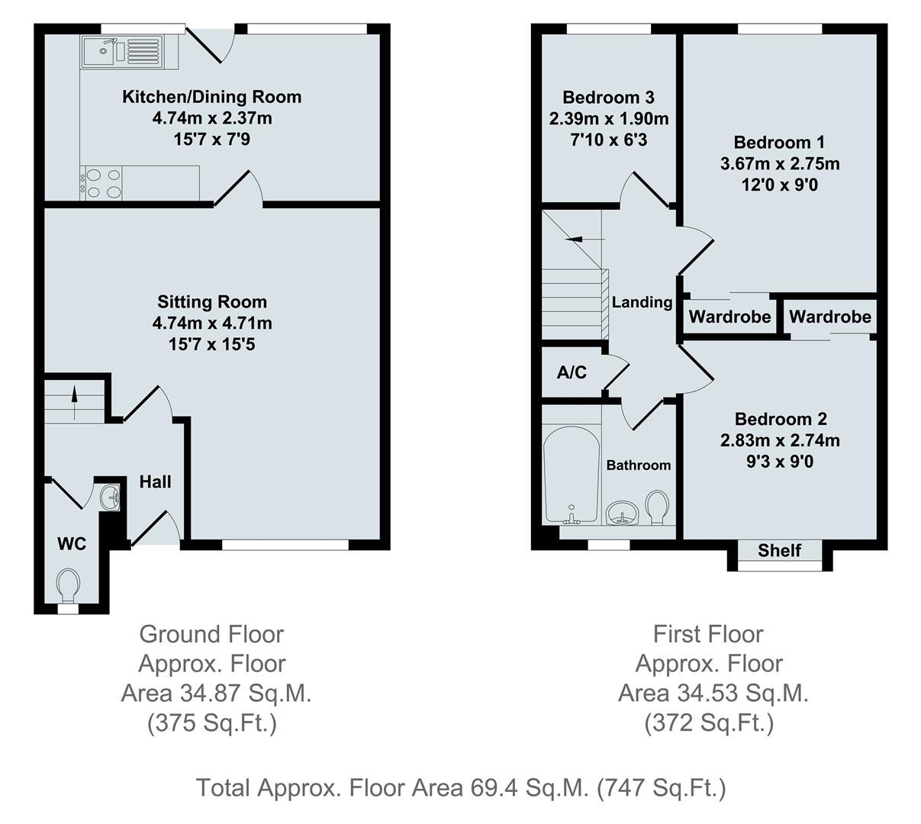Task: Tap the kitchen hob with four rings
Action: (102, 183)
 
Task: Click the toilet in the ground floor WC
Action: (67, 584)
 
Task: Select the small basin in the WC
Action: (111, 497)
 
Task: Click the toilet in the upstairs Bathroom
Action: (658, 507)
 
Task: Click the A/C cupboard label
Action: (572, 372)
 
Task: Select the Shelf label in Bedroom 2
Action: (780, 550)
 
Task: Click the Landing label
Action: (642, 302)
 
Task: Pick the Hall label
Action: (155, 481)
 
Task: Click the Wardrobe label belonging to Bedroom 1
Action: (729, 317)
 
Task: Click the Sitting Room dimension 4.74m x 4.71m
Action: (212, 323)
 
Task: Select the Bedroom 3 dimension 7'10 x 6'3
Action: (608, 140)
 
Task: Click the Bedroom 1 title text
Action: (779, 142)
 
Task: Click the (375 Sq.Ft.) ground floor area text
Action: (211, 723)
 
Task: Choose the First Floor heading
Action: (708, 634)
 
